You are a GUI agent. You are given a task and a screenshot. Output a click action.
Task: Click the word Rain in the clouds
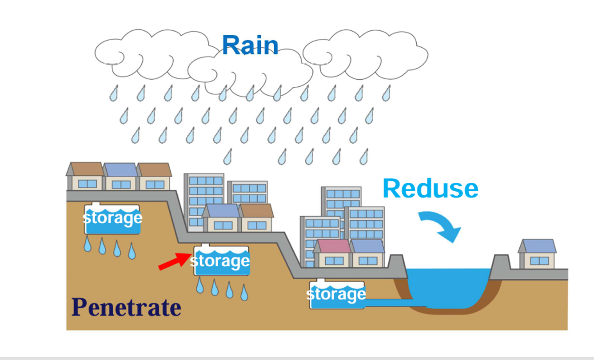[250, 45]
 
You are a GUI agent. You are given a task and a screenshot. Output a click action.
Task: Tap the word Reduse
[430, 188]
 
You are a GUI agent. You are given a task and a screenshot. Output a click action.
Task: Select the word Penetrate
[126, 307]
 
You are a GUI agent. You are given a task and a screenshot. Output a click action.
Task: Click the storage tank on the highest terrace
[112, 219]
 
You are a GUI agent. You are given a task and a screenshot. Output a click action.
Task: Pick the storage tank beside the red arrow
[221, 261]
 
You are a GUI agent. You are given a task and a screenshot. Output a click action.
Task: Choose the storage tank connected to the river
[336, 295]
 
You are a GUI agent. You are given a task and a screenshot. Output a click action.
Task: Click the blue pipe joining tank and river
[394, 303]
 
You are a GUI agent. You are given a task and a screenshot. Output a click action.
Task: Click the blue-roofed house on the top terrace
[121, 177]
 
